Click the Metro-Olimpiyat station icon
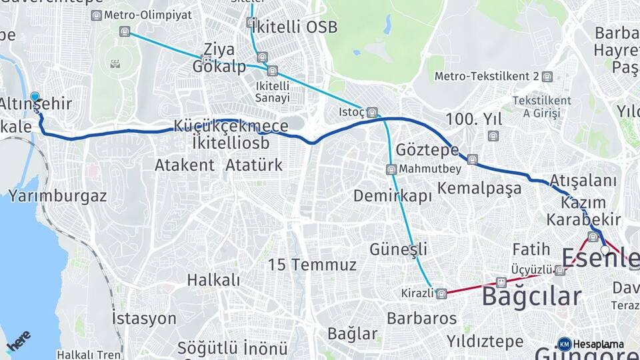[x=97, y=15]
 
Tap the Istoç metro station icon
[x=372, y=112]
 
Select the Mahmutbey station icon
[x=391, y=169]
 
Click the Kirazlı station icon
[x=441, y=293]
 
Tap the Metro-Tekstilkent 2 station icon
[x=547, y=77]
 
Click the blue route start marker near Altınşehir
[x=35, y=97]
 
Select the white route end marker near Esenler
[x=605, y=250]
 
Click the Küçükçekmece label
[x=231, y=126]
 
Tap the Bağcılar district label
[x=531, y=296]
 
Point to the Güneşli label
[x=399, y=249]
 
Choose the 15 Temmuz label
[x=312, y=265]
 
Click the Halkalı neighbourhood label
[x=213, y=279]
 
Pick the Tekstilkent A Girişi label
[x=541, y=107]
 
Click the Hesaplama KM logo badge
[x=564, y=344]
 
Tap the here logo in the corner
[x=18, y=341]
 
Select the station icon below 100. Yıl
[x=493, y=136]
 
